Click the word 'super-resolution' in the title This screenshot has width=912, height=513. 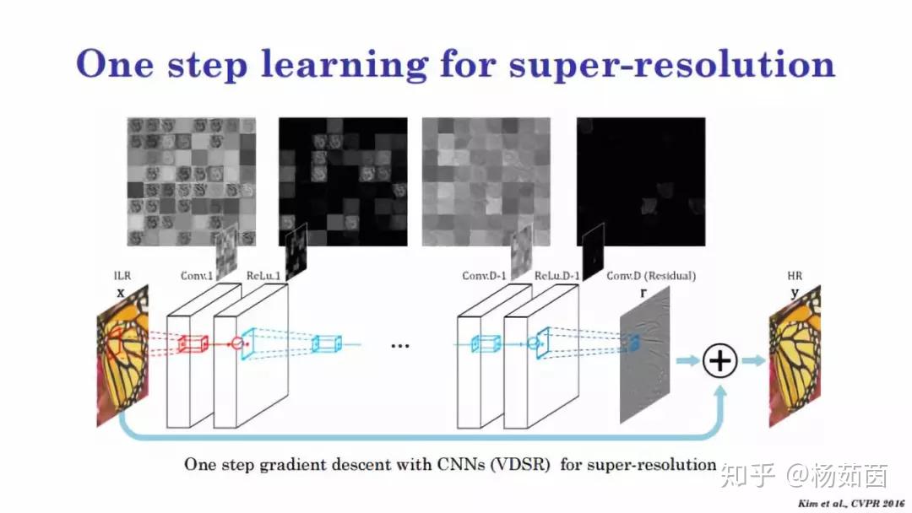click(672, 65)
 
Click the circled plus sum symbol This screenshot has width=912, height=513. click(720, 361)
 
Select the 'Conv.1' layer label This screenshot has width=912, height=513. click(197, 275)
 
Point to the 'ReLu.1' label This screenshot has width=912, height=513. click(263, 275)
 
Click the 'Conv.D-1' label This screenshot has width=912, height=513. click(484, 275)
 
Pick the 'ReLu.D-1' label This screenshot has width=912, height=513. click(556, 275)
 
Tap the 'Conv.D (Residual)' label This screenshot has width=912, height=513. click(651, 275)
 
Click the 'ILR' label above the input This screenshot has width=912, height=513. click(122, 275)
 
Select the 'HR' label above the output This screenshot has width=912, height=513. click(795, 275)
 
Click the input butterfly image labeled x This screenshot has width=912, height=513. click(122, 355)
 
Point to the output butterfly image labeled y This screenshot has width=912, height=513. click(795, 355)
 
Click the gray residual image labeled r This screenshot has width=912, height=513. click(644, 355)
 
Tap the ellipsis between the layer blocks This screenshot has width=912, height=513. click(399, 346)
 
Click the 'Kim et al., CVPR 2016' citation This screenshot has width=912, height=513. click(851, 503)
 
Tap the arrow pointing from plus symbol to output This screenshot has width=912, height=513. click(754, 361)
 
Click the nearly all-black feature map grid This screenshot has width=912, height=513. click(641, 182)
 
